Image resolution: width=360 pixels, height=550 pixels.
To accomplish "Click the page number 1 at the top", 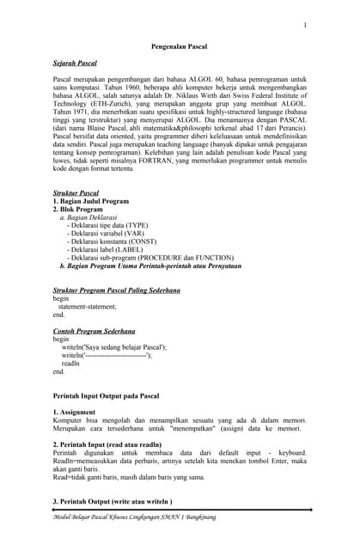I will tap(304, 26).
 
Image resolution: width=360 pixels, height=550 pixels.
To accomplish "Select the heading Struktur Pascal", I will tap(76, 193).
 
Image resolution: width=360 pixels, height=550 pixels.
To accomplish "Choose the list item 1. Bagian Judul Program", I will tap(90, 201).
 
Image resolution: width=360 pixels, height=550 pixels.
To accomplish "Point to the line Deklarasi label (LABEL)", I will tap(109, 250).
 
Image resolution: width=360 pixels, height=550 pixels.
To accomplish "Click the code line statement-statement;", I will tap(87, 307).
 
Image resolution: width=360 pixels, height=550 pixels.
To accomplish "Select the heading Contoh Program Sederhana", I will tap(94, 331).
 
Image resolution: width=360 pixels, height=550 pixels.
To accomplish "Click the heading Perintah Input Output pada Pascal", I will tap(107, 395).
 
